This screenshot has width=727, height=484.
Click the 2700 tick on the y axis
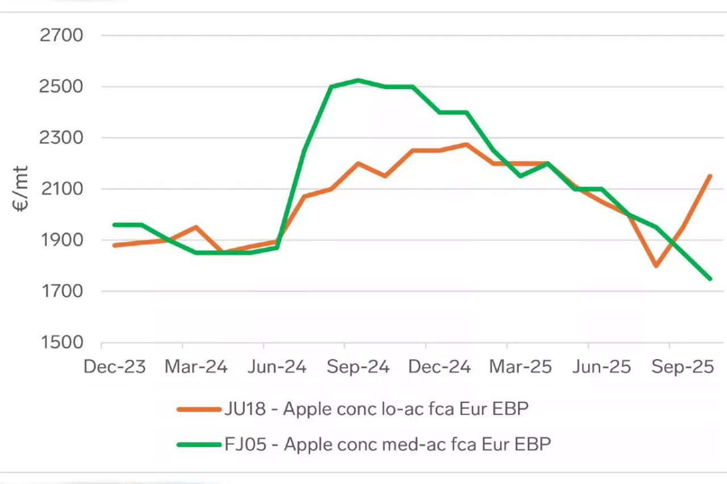point(61,36)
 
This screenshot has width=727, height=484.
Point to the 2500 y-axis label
point(61,87)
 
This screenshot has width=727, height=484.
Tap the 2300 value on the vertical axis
point(61,138)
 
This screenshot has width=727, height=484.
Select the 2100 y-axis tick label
point(61,189)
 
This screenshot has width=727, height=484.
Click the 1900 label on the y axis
point(61,240)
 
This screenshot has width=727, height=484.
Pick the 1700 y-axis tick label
point(61,292)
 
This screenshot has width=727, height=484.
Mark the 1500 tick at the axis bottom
point(61,343)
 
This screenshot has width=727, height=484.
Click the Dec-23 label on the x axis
point(115,367)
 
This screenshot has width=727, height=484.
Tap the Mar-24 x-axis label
point(196,367)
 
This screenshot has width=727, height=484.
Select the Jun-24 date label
point(277,367)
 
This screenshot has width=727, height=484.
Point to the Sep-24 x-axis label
point(358,367)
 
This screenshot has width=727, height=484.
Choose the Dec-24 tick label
point(439,367)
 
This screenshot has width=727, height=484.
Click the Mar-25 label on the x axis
point(520,367)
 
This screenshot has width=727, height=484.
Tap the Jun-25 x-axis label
point(601,367)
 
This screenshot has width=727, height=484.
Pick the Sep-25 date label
point(682,367)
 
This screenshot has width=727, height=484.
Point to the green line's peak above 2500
point(358,80)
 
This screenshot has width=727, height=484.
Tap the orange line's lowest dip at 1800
point(656,266)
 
